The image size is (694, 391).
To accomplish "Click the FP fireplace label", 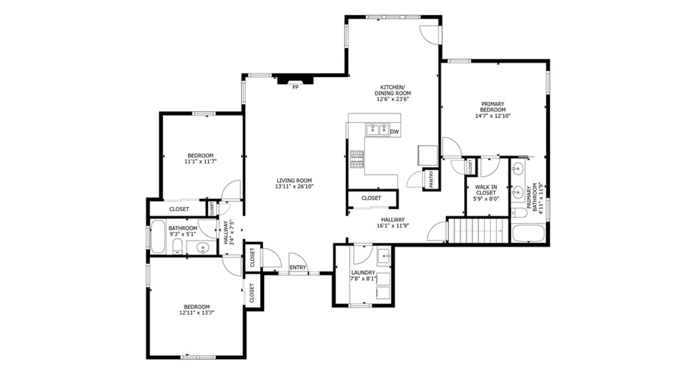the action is pos(295,87).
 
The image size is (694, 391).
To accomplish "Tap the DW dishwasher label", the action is pos(394,132).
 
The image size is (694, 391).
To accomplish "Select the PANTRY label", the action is pos(431,179).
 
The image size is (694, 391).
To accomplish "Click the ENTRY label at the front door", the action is pos(298,267).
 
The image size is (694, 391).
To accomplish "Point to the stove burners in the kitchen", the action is pos(357,160).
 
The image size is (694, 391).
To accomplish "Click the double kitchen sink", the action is pos(377,130).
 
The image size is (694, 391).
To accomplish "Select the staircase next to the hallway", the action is pos(479,230).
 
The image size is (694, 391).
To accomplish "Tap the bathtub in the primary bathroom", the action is pos(528,234).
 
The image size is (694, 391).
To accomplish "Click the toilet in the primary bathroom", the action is pos(519,213).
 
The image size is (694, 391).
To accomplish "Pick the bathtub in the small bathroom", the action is pos(158,237).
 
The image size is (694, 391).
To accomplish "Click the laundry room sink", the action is pos(384,256).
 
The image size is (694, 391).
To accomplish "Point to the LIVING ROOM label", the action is pos(294,180).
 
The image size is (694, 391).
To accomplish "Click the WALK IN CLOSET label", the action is pos(486,190).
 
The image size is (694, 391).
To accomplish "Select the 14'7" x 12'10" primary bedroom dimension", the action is pos(493,116).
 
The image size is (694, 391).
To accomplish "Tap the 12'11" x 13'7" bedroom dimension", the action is pos(197,312).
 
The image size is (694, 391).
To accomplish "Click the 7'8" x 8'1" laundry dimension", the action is pos(363,279).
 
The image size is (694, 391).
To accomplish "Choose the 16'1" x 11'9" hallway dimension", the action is pos(393,226).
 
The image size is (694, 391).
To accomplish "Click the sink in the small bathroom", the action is pos(203,248).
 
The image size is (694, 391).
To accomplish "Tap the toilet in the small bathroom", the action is pos(177,246).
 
